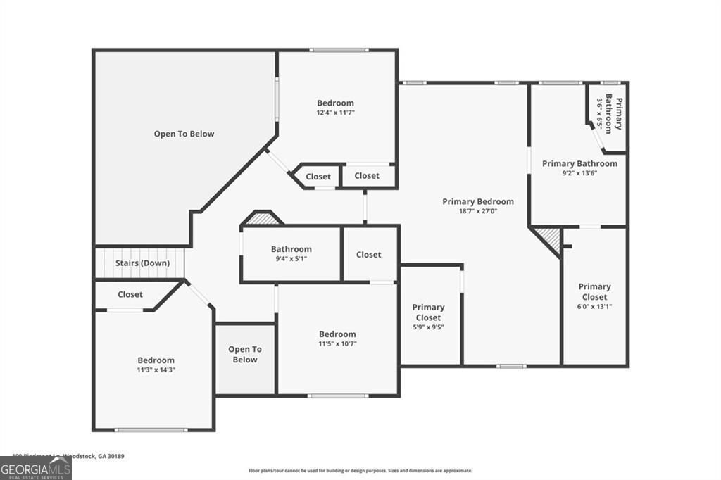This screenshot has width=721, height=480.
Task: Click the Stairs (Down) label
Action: [142, 263]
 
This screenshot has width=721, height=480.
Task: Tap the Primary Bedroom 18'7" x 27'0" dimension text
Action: [477, 210]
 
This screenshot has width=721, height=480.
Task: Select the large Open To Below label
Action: [184, 134]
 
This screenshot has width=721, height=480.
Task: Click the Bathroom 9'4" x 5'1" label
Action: [291, 253]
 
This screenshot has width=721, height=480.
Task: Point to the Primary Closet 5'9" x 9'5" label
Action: [428, 317]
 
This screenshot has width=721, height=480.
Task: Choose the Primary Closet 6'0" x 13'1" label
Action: [594, 296]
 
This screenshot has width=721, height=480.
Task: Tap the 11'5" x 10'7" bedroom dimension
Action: [337, 344]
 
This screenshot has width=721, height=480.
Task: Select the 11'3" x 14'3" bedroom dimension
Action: [156, 370]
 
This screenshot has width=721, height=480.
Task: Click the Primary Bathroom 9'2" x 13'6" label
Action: [579, 168]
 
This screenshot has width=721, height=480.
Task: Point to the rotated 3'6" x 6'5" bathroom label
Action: [608, 114]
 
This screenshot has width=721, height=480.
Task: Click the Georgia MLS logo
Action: [35, 468]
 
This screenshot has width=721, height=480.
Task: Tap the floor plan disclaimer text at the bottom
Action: [360, 471]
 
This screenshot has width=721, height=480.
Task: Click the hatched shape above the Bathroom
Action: [261, 219]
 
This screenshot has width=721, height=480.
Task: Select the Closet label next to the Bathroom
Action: [368, 255]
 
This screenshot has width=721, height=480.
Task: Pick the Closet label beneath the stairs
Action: [130, 294]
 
